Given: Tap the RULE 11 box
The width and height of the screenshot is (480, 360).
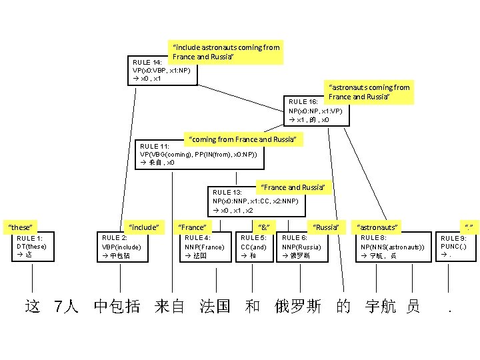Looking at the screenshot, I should point(197,154).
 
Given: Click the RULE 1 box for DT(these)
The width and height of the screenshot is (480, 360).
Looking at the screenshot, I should point(31,247).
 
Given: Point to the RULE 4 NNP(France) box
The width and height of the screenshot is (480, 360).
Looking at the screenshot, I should point(205,247).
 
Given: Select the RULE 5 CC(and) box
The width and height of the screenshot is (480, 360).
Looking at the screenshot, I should point(253,247).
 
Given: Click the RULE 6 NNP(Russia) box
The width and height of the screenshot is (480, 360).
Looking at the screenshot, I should point(303,247).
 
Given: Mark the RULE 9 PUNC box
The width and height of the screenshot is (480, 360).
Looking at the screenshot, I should point(455,247).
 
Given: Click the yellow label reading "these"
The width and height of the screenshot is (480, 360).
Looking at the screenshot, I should point(21,228).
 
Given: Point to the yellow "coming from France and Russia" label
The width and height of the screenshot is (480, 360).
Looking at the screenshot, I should point(243,139).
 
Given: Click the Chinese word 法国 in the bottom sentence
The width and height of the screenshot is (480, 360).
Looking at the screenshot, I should point(215,307).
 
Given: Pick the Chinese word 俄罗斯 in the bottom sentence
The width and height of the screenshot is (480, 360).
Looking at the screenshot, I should point(298,307).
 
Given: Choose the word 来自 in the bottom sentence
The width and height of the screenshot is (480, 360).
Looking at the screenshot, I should point(170,307).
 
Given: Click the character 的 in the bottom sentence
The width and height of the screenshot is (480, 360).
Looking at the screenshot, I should point(343,307).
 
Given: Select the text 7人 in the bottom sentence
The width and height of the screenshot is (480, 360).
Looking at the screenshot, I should point(67,307).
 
